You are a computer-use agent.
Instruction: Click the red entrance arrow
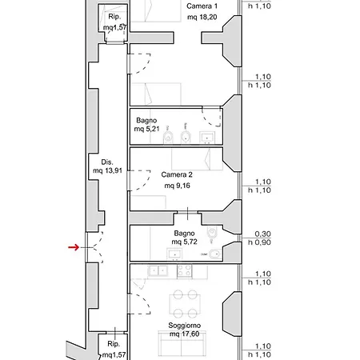pyautogui.click(x=74, y=247)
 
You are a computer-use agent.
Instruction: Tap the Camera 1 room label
pyautogui.click(x=202, y=6)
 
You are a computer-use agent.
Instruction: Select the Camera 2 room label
pyautogui.click(x=177, y=174)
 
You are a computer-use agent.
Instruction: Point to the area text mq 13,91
pyautogui.click(x=107, y=170)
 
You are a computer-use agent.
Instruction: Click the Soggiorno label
pyautogui.click(x=184, y=326)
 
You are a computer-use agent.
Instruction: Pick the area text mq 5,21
pyautogui.click(x=146, y=129)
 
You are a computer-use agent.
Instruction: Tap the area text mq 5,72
pyautogui.click(x=184, y=242)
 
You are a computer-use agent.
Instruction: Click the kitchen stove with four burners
pyautogui.click(x=185, y=270)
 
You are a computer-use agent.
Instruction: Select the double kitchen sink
pyautogui.click(x=158, y=270)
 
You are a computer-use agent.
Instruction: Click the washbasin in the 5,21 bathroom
pyautogui.click(x=207, y=138)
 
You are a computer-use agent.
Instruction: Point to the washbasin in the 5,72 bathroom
pyautogui.click(x=174, y=254)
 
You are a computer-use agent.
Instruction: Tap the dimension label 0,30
pyautogui.click(x=262, y=234)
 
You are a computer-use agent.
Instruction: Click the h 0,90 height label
pyautogui.click(x=259, y=242)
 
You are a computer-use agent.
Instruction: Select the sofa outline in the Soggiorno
pyautogui.click(x=182, y=343)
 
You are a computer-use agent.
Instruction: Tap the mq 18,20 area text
pyautogui.click(x=202, y=18)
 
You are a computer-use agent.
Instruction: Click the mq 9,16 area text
pyautogui.click(x=177, y=186)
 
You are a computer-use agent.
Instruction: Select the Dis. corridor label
pyautogui.click(x=107, y=162)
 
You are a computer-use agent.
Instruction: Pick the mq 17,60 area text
pyautogui.click(x=185, y=334)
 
